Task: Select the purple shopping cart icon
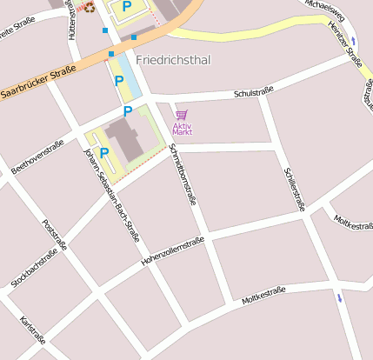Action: (x=181, y=115)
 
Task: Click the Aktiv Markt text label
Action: (x=182, y=129)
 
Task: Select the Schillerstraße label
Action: (x=295, y=189)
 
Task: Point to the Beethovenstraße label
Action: (x=37, y=156)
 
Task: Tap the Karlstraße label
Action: (x=32, y=331)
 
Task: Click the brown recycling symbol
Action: (x=90, y=8)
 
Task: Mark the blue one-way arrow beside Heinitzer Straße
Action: (x=354, y=41)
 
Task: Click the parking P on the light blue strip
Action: (x=119, y=81)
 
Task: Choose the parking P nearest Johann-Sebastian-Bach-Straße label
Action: (x=104, y=153)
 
